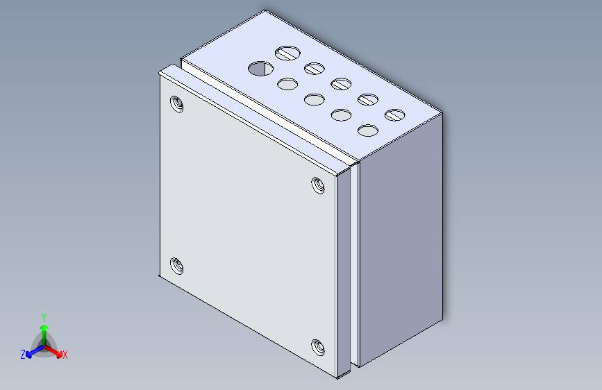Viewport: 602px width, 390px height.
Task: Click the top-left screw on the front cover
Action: click(176, 104)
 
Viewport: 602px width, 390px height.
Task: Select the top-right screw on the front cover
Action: click(318, 185)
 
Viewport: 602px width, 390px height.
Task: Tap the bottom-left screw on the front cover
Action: click(176, 266)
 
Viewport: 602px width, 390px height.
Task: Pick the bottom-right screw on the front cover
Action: click(318, 348)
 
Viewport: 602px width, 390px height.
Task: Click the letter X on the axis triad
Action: click(65, 355)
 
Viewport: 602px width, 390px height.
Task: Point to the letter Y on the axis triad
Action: click(44, 318)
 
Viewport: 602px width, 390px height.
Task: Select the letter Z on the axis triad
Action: click(23, 355)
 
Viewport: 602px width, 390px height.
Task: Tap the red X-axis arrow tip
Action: click(59, 354)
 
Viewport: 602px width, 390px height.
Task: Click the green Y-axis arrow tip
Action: click(44, 328)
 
